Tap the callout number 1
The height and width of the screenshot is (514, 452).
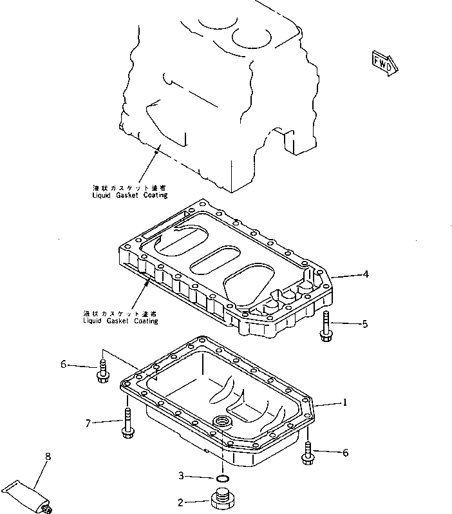(345, 403)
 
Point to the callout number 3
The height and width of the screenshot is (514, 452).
(181, 477)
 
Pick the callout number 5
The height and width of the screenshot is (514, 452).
(364, 323)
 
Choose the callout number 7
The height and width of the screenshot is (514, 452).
(89, 423)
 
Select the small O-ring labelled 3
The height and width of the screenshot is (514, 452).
(222, 478)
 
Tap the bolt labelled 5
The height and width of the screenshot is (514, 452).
(325, 325)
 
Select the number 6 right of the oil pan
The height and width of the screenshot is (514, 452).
(345, 453)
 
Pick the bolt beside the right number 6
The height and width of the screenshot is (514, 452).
(308, 452)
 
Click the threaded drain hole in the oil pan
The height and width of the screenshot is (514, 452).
(223, 422)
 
